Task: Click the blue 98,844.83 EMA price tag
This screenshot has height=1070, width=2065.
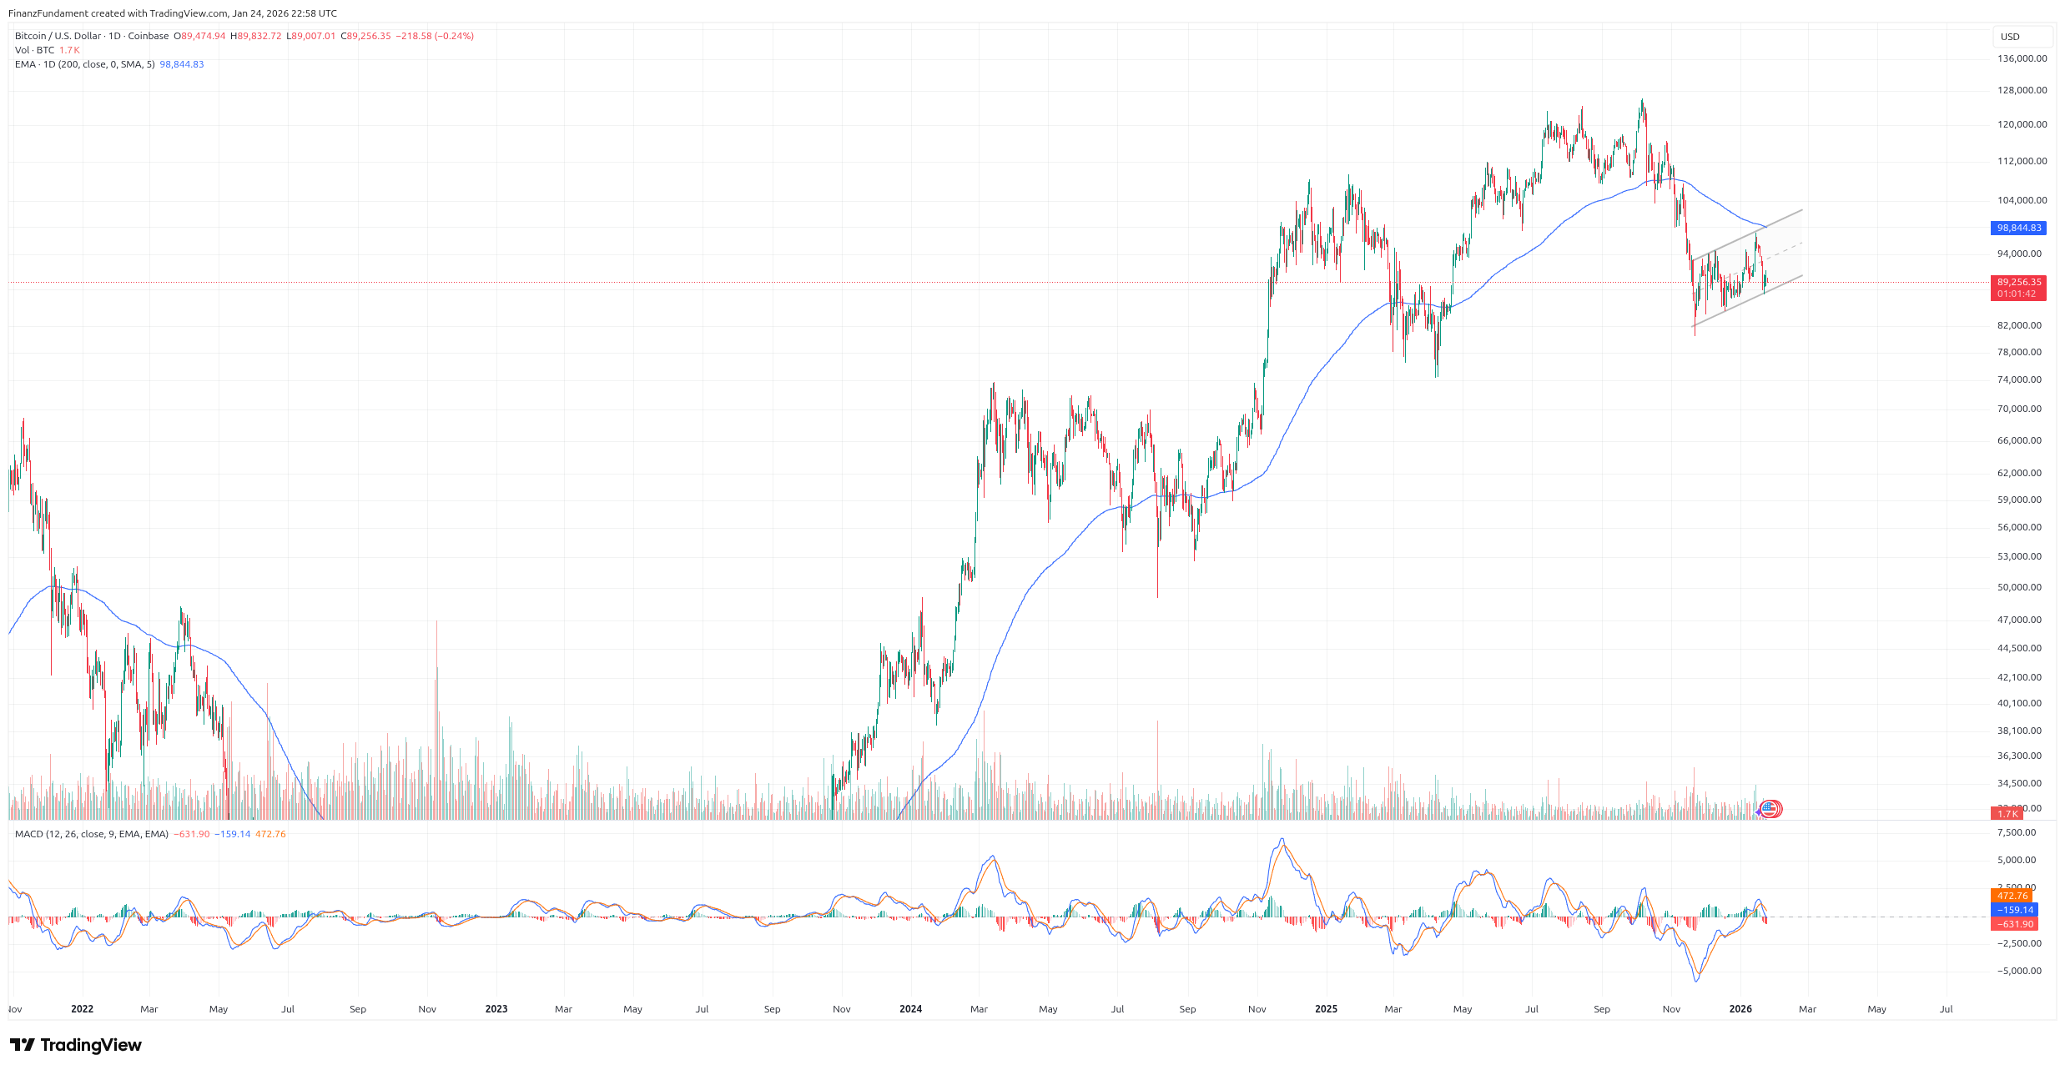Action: (x=2018, y=228)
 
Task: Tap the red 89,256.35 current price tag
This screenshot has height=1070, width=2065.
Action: (x=2018, y=283)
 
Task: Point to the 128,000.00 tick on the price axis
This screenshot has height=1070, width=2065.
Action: (x=2022, y=90)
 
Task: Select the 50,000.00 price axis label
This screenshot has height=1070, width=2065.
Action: (x=2019, y=587)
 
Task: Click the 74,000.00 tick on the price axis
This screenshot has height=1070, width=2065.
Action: (x=2019, y=379)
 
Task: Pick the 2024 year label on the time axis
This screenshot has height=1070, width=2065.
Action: (x=910, y=1009)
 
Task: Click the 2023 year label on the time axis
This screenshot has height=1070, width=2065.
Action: (x=496, y=1009)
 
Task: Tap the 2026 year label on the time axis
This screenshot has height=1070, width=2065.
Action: (x=1740, y=1009)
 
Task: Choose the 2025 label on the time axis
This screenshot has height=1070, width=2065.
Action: (x=1325, y=1009)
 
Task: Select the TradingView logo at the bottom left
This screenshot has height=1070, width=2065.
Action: (x=76, y=1045)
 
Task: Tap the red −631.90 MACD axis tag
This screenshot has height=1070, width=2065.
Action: (x=2013, y=924)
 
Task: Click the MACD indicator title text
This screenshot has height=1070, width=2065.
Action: (x=92, y=834)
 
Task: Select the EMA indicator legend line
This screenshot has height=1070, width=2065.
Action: (x=84, y=64)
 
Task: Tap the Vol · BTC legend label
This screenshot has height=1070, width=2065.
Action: (x=34, y=50)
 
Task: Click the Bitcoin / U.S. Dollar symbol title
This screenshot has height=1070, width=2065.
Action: (x=58, y=36)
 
